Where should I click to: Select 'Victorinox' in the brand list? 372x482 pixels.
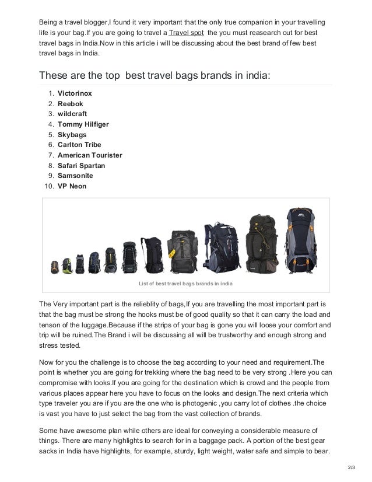(x=75, y=93)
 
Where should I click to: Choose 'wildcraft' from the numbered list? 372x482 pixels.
(x=73, y=114)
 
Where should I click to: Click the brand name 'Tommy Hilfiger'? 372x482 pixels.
(x=83, y=124)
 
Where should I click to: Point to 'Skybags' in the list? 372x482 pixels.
(x=73, y=134)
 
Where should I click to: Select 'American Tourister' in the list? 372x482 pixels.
(x=89, y=155)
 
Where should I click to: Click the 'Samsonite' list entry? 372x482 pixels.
(x=75, y=175)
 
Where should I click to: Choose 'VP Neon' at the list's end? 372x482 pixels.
(x=71, y=186)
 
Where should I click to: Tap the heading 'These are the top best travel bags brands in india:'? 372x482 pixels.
(x=155, y=76)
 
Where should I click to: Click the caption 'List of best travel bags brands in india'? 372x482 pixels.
(x=185, y=284)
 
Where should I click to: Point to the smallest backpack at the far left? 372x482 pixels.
(x=55, y=267)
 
